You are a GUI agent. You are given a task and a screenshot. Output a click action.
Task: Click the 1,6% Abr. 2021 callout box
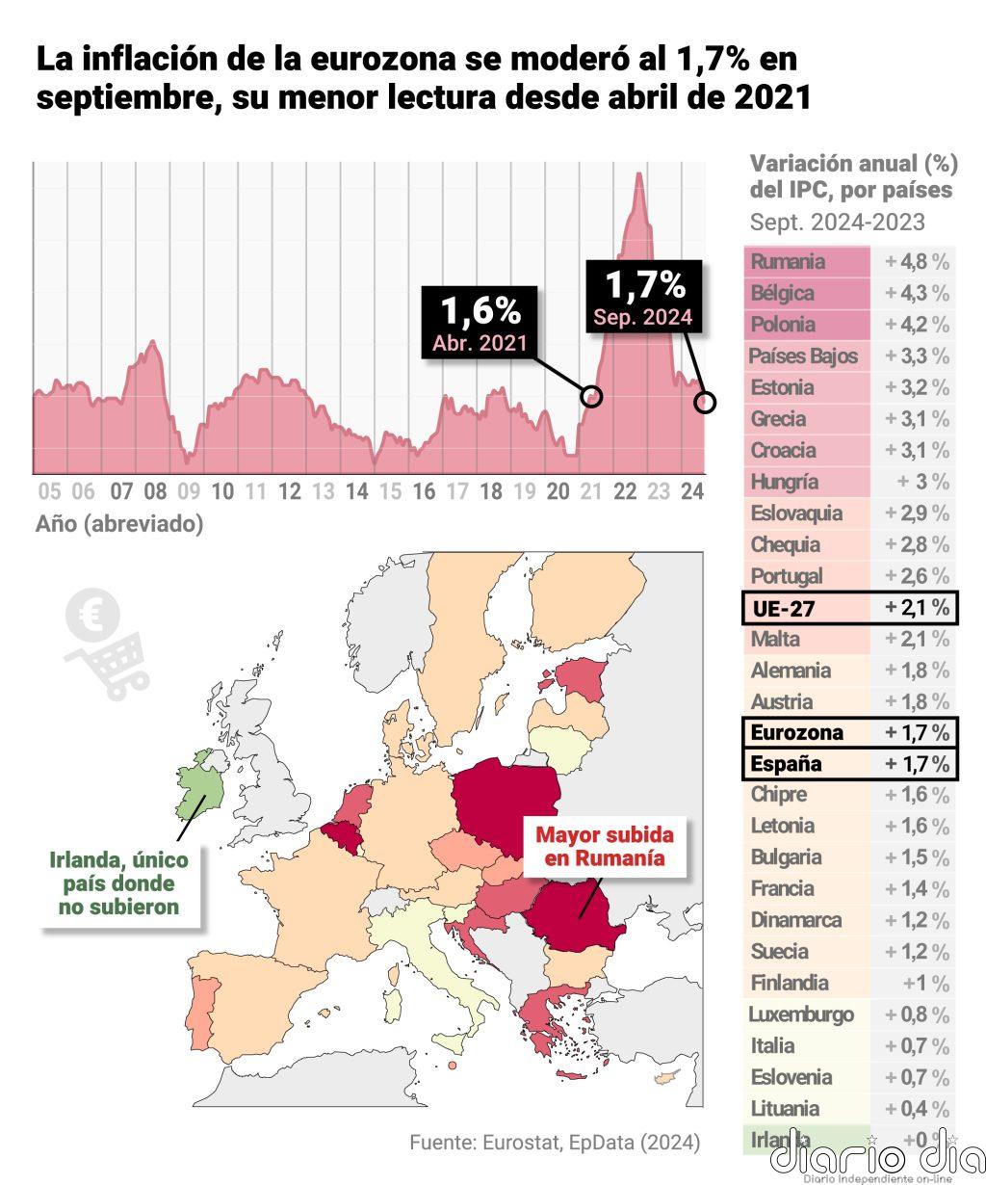coord(480,323)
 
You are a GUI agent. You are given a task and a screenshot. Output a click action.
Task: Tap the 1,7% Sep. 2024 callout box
coord(642,297)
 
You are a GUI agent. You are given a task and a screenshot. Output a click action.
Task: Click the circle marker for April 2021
coord(592,395)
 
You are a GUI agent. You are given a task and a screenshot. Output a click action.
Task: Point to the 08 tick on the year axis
coord(155,492)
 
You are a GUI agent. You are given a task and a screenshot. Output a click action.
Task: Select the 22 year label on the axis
coord(625,492)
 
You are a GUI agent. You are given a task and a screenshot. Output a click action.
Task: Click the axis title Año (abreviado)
coord(119,524)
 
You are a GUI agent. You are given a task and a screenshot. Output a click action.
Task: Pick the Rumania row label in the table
coord(788,262)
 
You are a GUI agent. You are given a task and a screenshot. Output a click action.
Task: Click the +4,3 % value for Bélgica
coord(916,293)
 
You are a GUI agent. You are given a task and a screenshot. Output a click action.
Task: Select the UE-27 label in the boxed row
coord(783,608)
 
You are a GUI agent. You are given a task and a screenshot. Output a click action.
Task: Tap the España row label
coord(786,764)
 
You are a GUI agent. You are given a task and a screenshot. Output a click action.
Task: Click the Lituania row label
coord(785,1109)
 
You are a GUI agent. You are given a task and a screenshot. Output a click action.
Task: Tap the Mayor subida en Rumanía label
coord(604,846)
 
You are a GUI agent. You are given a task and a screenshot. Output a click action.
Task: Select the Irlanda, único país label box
coord(119,883)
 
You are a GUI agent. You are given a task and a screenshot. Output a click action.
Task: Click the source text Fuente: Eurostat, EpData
coord(555,1144)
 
